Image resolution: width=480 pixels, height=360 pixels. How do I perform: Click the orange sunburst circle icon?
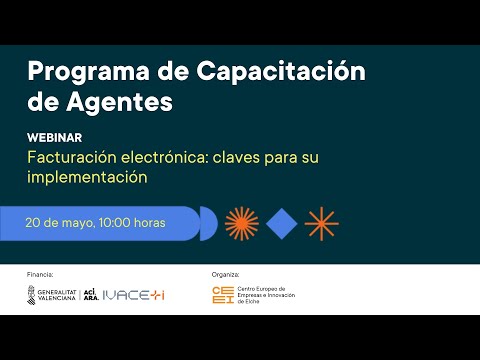click(x=243, y=223)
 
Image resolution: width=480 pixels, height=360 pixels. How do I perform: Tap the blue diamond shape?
click(x=282, y=223)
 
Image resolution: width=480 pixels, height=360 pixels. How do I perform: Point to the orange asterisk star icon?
click(x=321, y=223)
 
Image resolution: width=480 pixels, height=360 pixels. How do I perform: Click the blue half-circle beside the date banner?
click(x=208, y=223)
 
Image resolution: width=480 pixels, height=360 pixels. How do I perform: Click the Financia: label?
click(x=41, y=272)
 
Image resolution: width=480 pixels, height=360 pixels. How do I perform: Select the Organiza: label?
click(x=227, y=272)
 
